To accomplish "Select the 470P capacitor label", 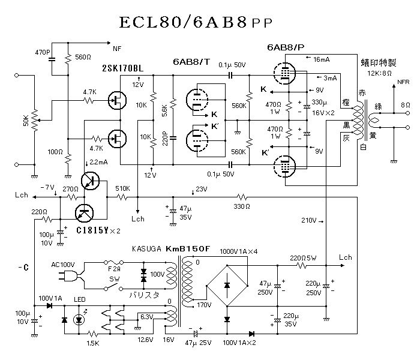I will click(x=43, y=53).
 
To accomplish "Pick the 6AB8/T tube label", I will click(x=191, y=62).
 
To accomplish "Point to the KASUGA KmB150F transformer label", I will click(x=171, y=248).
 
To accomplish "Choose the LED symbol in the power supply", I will click(x=79, y=319).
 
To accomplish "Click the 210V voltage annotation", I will click(x=308, y=220).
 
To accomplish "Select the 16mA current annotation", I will click(x=322, y=59).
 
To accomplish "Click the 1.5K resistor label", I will click(x=93, y=343).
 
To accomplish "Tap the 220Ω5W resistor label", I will click(x=303, y=257).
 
